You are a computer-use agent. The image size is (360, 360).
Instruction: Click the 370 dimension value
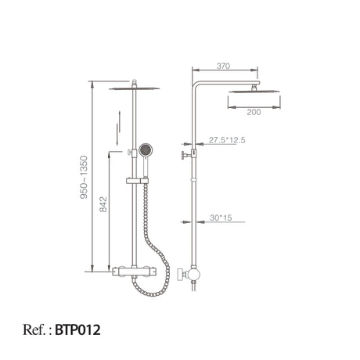coord(223,66)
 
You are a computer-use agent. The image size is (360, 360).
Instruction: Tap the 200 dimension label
coord(254,112)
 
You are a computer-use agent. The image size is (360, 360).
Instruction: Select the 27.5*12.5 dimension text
coord(227,140)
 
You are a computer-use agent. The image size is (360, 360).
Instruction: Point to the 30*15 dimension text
coord(221,218)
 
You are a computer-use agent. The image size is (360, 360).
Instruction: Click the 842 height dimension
coord(103,204)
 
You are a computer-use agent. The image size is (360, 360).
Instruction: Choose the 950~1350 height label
coord(84,177)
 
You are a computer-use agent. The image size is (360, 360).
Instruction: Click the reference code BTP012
coord(77,329)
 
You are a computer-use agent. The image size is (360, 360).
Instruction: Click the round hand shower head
coord(145,149)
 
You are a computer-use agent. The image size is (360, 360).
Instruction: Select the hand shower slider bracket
coord(137,181)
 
